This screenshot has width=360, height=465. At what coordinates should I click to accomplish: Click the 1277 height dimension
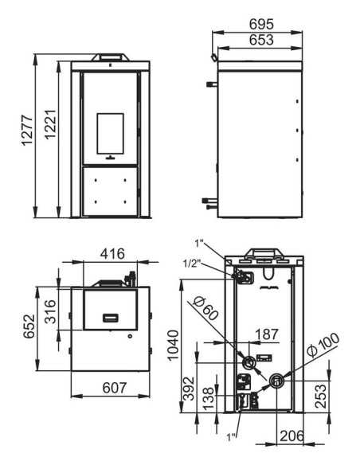(x=27, y=131)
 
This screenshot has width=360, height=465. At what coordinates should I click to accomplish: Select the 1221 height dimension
(x=50, y=124)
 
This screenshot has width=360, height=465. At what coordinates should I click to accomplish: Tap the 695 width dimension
(x=261, y=25)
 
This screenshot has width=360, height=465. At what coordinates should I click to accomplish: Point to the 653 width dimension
(x=261, y=40)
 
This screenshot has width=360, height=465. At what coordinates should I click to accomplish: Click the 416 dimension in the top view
(x=112, y=254)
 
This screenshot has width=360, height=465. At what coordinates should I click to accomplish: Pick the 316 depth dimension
(x=50, y=311)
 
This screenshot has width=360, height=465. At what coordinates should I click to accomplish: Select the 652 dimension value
(x=29, y=326)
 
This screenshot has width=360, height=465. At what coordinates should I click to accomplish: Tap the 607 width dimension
(x=115, y=388)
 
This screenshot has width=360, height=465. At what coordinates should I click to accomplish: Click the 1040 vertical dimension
(x=174, y=346)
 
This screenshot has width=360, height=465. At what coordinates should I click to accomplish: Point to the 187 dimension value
(x=267, y=334)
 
